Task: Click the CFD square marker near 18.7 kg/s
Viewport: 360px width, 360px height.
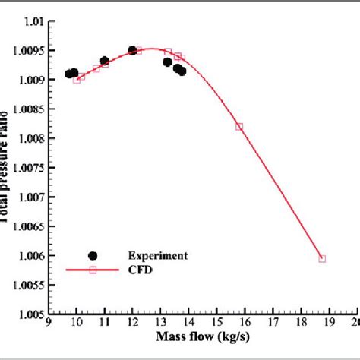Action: (x=322, y=258)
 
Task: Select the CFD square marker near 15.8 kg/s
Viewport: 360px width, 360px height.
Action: (x=239, y=127)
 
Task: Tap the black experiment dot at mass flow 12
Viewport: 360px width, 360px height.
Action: (x=133, y=50)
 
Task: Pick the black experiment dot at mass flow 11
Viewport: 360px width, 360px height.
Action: (x=105, y=61)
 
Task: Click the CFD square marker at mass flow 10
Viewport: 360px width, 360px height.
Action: (x=77, y=79)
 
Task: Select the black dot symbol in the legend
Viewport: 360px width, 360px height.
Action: (x=93, y=256)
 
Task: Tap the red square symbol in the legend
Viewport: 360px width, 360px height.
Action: (x=93, y=270)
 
